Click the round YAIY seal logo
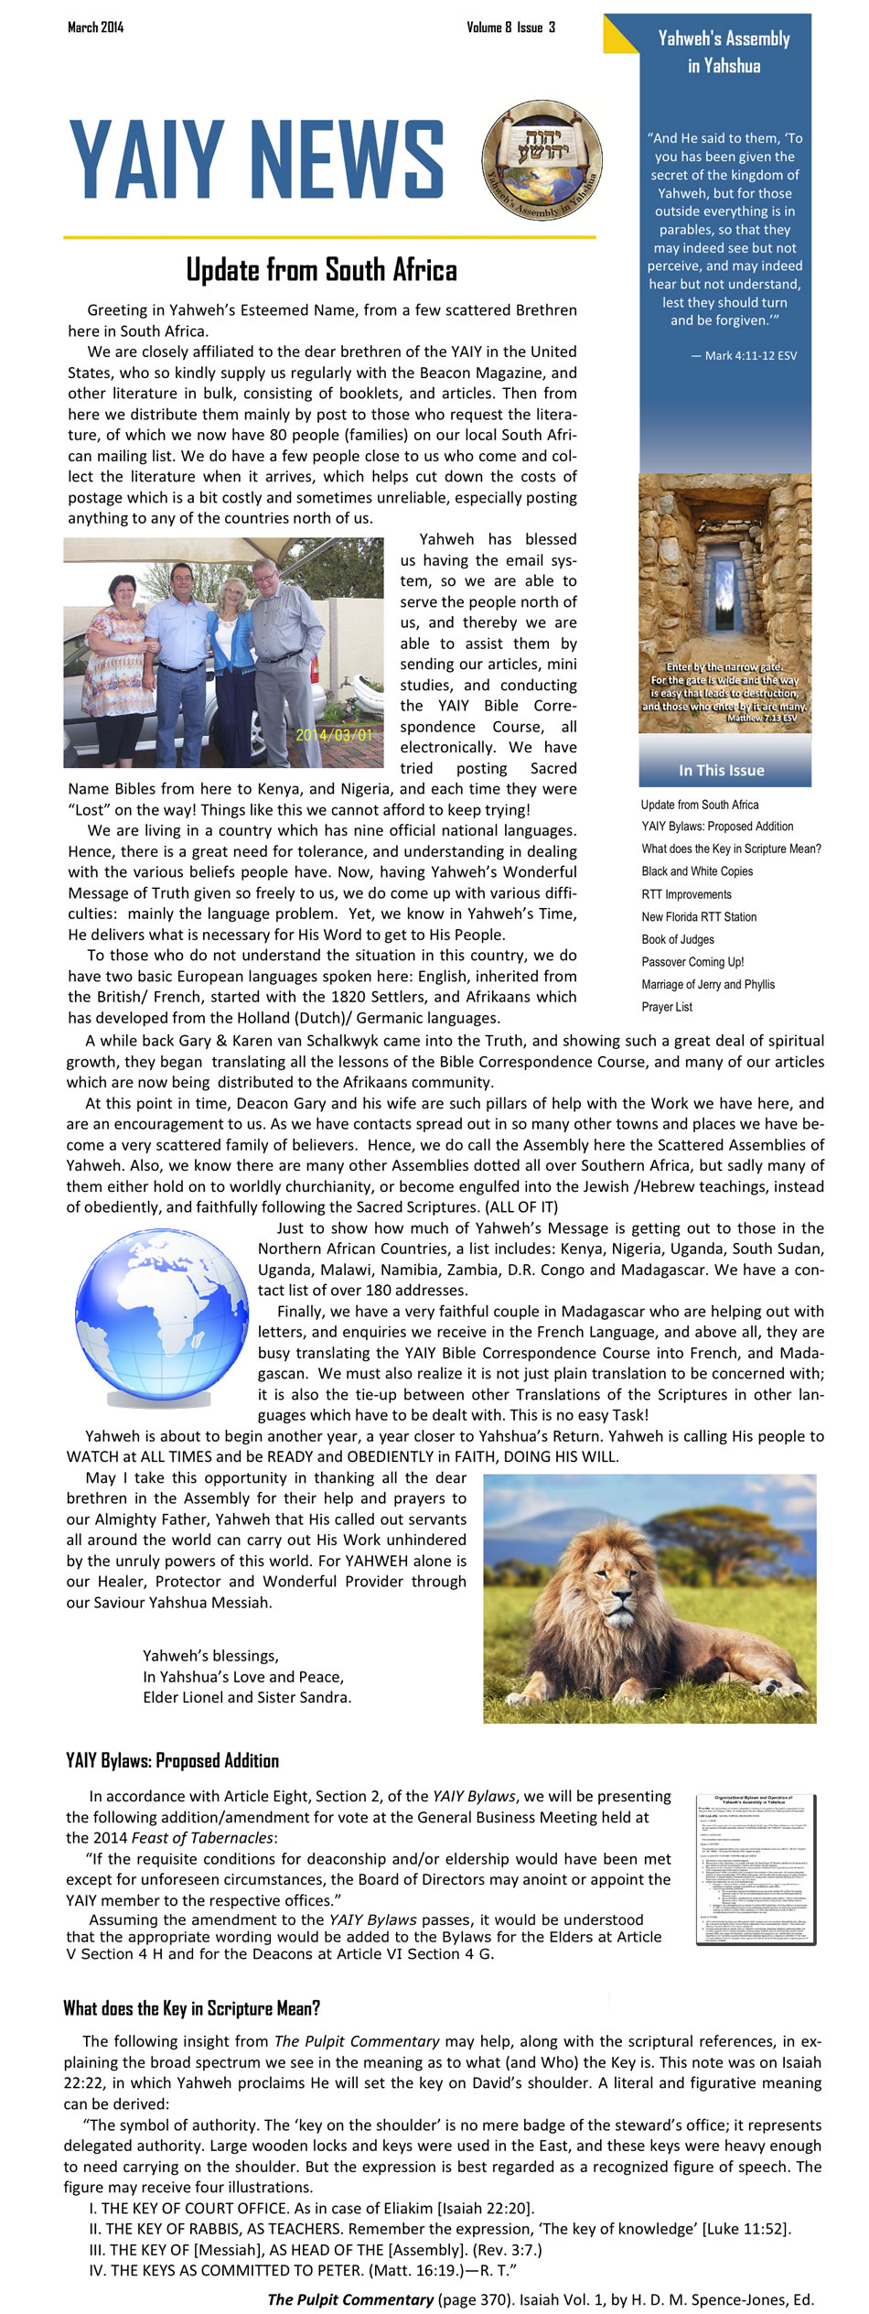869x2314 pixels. pos(542,160)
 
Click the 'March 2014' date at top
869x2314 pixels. pos(95,27)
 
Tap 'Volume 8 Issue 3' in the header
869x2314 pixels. pos(510,27)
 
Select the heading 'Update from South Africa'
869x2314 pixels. pos(321,270)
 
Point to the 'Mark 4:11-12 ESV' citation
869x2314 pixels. pos(744,355)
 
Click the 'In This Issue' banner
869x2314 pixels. pos(722,770)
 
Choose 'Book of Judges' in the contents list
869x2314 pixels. pos(678,939)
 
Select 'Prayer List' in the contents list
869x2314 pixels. pos(667,1007)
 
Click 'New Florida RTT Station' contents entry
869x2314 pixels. pos(699,916)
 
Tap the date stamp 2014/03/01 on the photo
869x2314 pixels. pos(335,735)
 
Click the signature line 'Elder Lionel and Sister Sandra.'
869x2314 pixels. pos(247,1697)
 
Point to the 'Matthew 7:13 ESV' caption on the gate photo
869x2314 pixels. pos(762,719)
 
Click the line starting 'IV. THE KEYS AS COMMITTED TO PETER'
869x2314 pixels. pos(302,2270)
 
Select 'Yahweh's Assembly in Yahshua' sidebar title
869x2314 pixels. pos(724,51)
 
